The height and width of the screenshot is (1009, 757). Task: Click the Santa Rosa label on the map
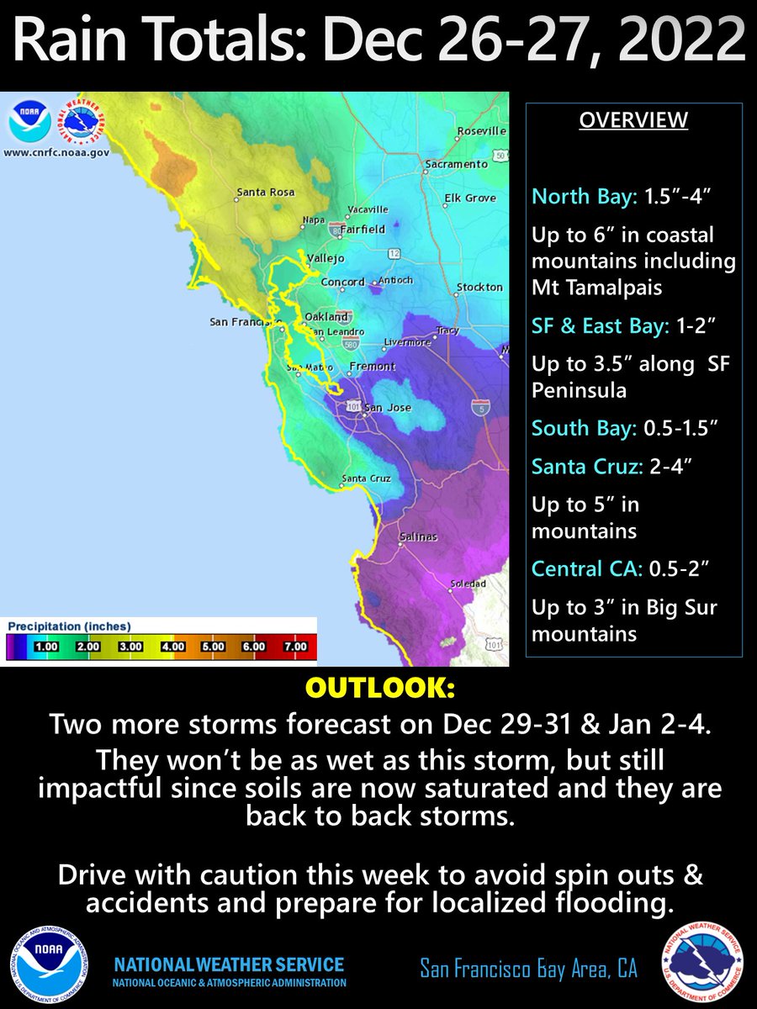(x=266, y=193)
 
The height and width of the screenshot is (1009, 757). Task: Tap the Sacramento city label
(x=456, y=164)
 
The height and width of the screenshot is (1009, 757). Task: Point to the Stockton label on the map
(x=479, y=288)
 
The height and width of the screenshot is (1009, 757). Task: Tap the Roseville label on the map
(x=481, y=131)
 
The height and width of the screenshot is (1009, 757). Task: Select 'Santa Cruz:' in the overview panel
(x=579, y=467)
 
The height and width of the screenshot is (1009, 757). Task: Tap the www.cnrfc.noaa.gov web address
(x=56, y=153)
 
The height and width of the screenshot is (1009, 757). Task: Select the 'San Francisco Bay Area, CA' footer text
(x=528, y=969)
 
